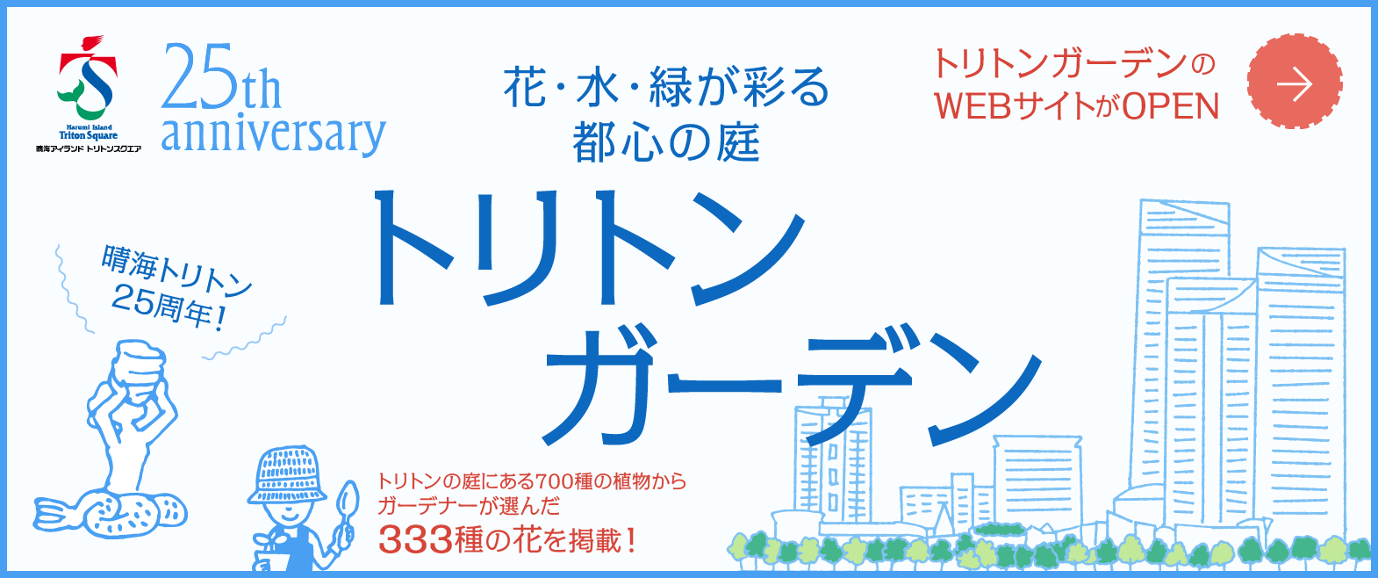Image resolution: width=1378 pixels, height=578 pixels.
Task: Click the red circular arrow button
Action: tap(1294, 83)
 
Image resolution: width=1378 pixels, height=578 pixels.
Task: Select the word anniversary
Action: tap(273, 134)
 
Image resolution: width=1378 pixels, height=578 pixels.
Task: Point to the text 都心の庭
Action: tap(665, 142)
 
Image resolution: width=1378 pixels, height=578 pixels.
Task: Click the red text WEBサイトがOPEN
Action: tap(1077, 107)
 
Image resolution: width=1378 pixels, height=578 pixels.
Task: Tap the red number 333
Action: tap(414, 539)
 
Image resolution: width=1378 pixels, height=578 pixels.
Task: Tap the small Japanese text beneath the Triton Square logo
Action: tap(88, 149)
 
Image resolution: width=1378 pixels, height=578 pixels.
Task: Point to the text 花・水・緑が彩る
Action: tap(665, 88)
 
